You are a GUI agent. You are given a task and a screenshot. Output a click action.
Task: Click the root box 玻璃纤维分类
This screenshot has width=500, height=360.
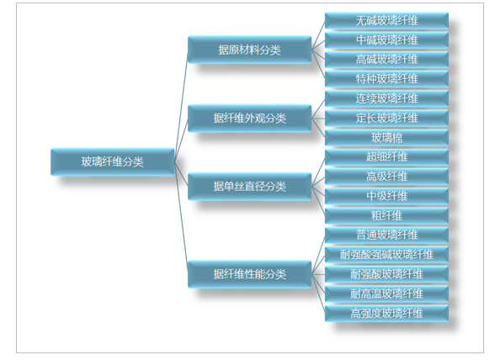(x=113, y=161)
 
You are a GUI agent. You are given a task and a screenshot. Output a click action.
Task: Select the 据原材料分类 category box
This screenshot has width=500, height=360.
(x=249, y=50)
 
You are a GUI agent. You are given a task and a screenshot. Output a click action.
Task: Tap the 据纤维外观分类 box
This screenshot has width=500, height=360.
(x=249, y=119)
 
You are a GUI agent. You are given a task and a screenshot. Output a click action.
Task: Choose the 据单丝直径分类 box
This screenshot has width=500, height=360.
(x=249, y=187)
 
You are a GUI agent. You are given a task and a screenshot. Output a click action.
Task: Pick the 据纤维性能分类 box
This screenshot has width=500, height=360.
(x=249, y=274)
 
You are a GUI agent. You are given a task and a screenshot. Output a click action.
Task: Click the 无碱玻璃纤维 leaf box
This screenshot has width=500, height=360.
(x=386, y=21)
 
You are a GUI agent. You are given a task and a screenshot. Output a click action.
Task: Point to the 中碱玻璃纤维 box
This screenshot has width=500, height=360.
(x=386, y=40)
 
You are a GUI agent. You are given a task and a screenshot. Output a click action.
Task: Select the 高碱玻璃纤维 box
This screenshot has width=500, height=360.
(x=386, y=60)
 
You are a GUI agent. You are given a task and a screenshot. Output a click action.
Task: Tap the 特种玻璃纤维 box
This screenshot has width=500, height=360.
(x=386, y=79)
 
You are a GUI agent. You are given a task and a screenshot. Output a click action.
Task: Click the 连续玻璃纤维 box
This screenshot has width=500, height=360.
(x=386, y=98)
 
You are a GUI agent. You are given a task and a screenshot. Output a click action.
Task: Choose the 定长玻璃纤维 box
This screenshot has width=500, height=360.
(x=386, y=119)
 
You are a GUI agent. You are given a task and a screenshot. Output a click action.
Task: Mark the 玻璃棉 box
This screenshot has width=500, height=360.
(x=386, y=138)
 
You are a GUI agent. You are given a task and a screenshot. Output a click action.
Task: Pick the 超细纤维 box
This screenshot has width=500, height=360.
(x=386, y=157)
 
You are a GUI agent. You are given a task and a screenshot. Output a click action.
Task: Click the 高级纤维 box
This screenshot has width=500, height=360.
(x=386, y=177)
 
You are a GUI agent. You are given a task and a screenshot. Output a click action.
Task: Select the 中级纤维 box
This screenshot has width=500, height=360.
(x=386, y=196)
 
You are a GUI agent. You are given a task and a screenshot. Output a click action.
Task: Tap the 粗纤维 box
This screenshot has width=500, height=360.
(x=386, y=215)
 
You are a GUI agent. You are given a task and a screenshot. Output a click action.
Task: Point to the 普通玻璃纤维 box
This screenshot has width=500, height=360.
(x=386, y=236)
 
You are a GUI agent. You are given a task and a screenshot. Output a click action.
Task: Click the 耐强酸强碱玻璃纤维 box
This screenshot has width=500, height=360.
(x=386, y=255)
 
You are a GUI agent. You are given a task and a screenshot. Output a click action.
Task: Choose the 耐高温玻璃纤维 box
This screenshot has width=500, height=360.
(x=386, y=294)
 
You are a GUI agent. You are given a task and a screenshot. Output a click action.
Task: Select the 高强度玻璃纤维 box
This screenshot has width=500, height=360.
(x=386, y=313)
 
